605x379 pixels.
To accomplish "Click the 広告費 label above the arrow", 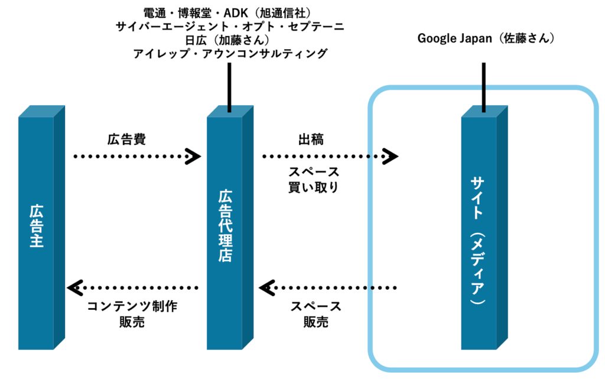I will (126, 140).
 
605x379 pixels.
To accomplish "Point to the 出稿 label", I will (311, 140).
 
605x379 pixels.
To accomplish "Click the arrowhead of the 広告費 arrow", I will (193, 157).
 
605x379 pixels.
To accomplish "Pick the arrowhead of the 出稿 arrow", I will (390, 157).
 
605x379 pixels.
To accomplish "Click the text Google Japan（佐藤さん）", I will (485, 39).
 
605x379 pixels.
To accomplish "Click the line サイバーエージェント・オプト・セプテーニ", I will (229, 26).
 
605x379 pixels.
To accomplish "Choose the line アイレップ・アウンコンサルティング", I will (229, 54).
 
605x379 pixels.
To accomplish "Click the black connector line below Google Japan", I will (483, 86).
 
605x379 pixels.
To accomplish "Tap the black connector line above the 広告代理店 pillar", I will (229, 86).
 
